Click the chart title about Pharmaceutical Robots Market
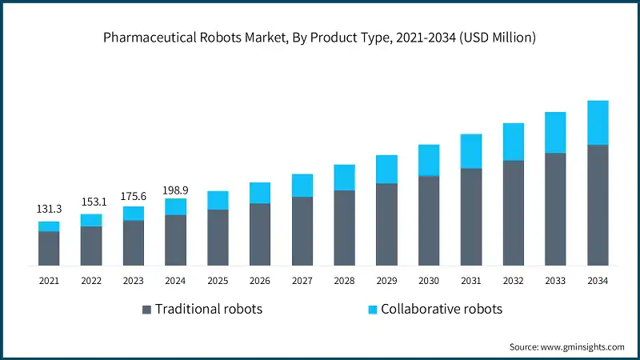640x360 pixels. click(x=320, y=37)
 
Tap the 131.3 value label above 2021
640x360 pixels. click(x=49, y=209)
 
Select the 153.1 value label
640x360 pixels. click(x=91, y=202)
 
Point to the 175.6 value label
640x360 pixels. click(x=134, y=194)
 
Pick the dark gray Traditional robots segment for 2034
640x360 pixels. click(x=598, y=205)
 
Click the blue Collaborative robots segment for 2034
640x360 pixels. click(x=598, y=122)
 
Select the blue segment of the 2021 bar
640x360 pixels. click(x=49, y=226)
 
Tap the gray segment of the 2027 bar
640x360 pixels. click(x=302, y=231)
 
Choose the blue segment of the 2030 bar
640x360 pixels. click(x=429, y=160)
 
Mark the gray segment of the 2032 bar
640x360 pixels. click(x=514, y=213)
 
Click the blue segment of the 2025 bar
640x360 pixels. click(x=218, y=200)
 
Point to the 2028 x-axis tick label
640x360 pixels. click(x=344, y=281)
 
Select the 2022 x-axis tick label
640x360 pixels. click(x=91, y=281)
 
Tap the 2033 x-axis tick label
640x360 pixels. click(x=555, y=281)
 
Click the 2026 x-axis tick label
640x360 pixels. click(x=260, y=281)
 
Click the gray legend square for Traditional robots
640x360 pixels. click(x=146, y=310)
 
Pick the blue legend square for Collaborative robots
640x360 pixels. click(x=371, y=310)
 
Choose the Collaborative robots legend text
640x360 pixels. click(x=442, y=309)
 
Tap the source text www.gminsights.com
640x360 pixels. click(x=566, y=346)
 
